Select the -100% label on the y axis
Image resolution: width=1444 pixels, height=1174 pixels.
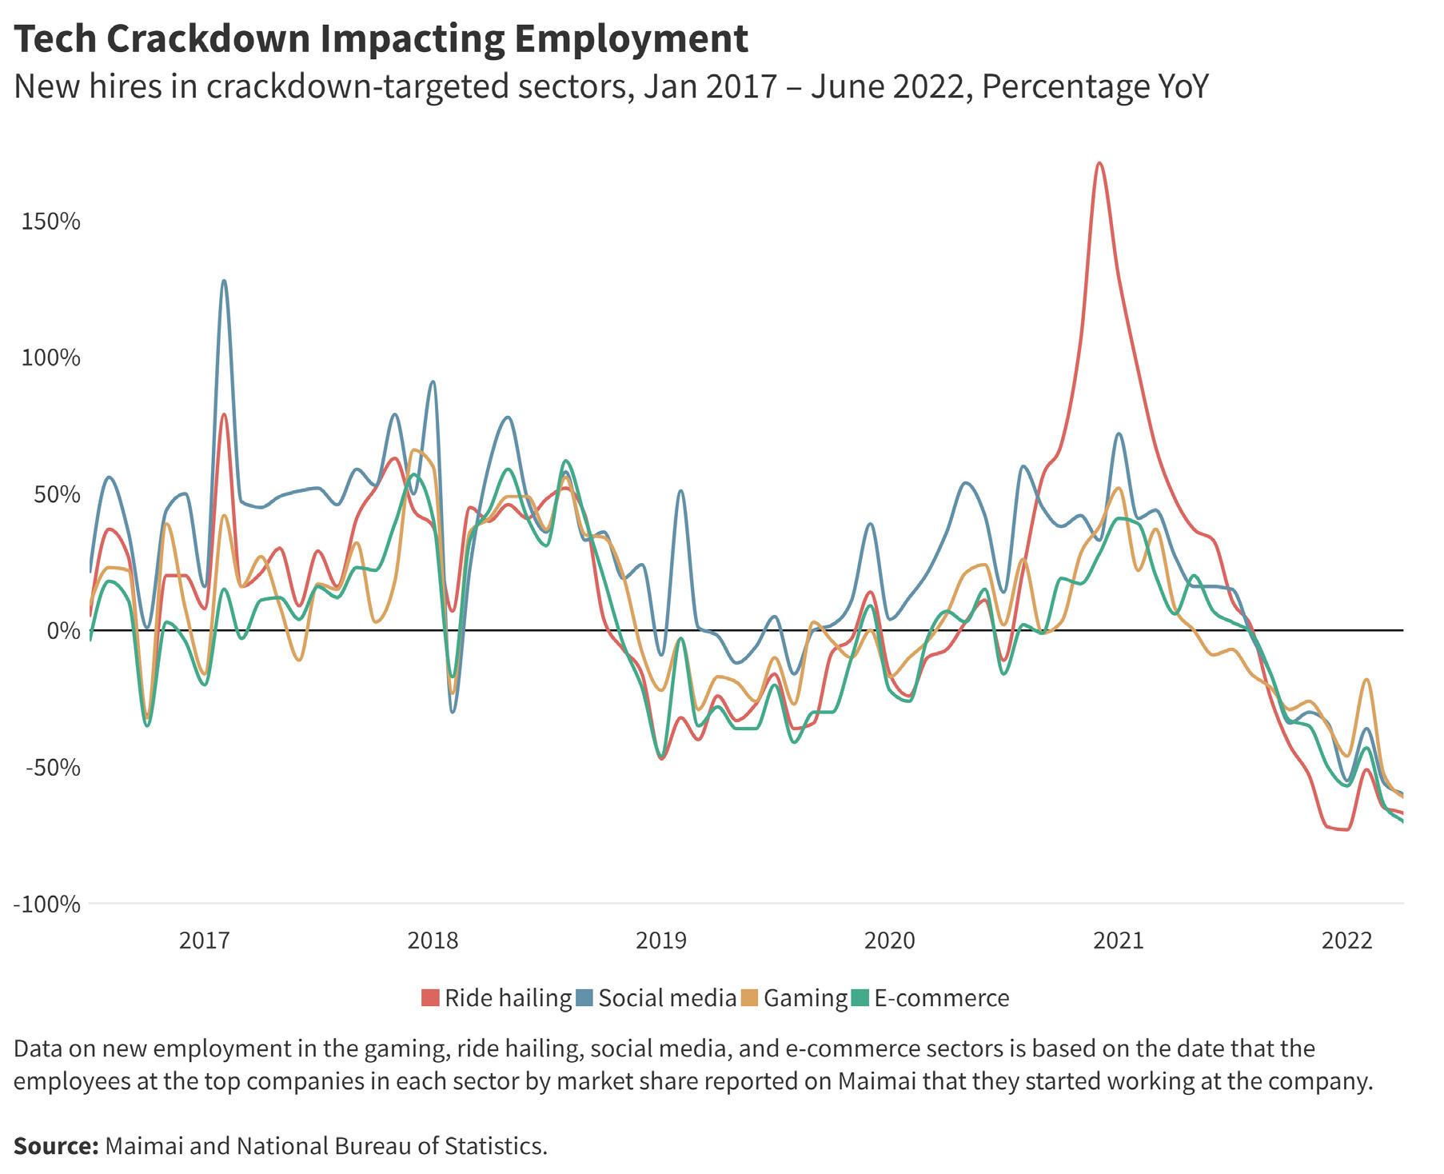[x=46, y=904]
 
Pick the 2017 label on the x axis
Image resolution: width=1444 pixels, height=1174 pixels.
[x=204, y=940]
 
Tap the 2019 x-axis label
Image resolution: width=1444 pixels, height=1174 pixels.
[x=660, y=940]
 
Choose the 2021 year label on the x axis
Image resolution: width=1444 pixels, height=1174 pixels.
[x=1119, y=940]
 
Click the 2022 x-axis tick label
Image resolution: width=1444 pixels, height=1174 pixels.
[x=1347, y=940]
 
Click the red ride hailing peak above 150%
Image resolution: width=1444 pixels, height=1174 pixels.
[x=1100, y=164]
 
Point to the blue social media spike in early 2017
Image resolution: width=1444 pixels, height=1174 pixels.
[x=224, y=282]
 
